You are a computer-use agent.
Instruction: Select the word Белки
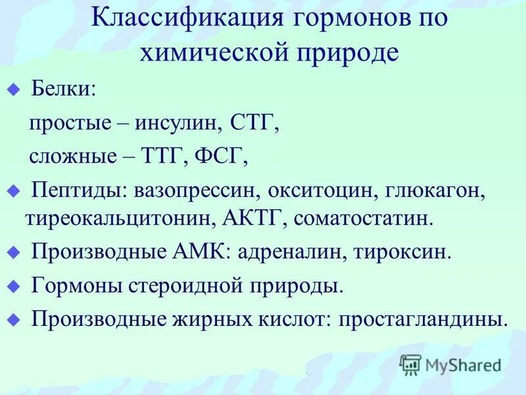62,89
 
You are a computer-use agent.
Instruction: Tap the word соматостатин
365,217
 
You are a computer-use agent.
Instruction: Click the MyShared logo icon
410,364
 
